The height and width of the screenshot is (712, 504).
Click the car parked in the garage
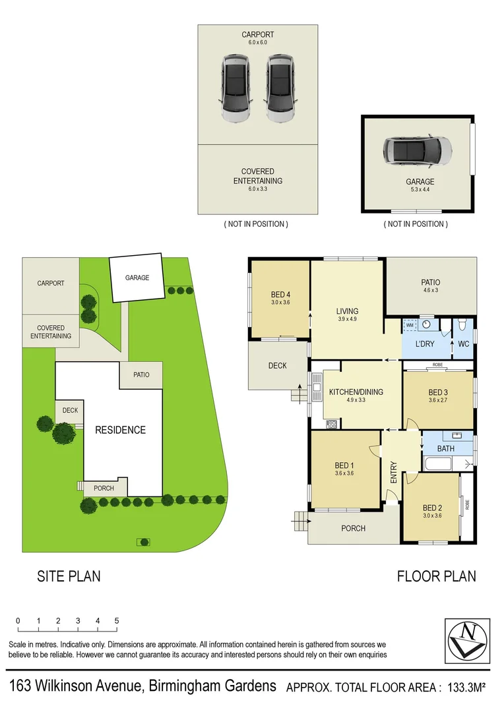pos(418,152)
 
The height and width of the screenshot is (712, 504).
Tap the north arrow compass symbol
pos(468,639)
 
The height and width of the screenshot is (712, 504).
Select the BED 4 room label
pos(280,294)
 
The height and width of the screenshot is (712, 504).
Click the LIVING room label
pos(347,311)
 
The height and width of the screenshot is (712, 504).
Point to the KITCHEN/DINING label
pos(356,392)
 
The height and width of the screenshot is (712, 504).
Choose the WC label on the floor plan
pos(464,344)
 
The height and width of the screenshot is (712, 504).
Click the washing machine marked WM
pos(410,325)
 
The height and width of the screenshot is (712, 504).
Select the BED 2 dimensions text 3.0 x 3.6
pos(432,516)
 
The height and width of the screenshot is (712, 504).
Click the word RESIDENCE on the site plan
pos(120,430)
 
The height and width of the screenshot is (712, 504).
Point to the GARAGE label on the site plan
pos(137,278)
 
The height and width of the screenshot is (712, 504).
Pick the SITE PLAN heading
pos(69,576)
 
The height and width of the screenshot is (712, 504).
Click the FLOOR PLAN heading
pos(436,576)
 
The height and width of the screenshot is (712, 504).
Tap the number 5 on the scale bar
pos(117,620)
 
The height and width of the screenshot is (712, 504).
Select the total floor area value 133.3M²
pos(464,688)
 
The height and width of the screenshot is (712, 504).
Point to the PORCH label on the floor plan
pos(353,528)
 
